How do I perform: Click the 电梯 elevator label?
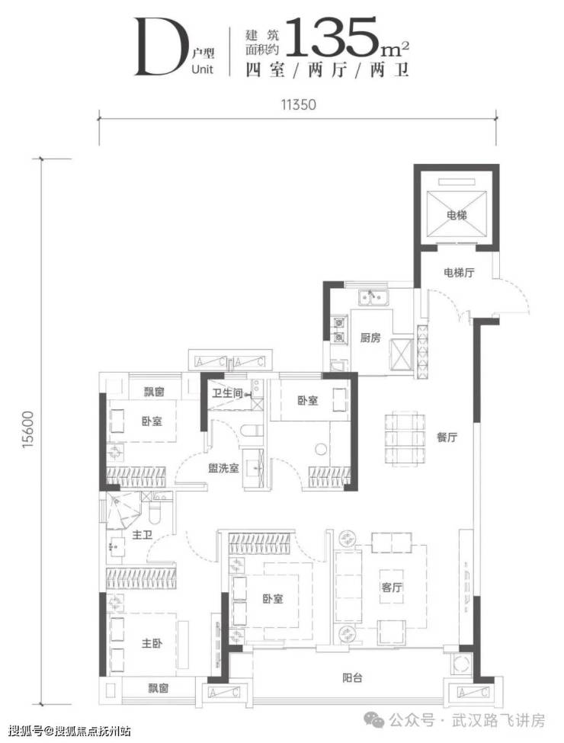457,216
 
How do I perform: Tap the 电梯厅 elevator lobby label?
459,273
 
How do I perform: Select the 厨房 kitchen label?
370,338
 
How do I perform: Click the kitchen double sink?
374,298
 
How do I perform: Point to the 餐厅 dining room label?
447,437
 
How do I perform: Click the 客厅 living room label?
392,587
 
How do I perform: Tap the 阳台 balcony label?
352,678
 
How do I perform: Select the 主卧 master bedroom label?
152,643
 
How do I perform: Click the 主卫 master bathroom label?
143,535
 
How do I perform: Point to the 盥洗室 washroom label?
224,468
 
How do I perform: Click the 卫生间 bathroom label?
227,393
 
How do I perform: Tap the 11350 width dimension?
298,104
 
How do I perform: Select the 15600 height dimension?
28,430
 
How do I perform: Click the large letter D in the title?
159,46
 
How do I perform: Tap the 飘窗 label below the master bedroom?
158,688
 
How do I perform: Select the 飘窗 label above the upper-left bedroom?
154,392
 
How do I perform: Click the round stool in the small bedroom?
321,448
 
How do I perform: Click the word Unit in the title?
203,69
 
